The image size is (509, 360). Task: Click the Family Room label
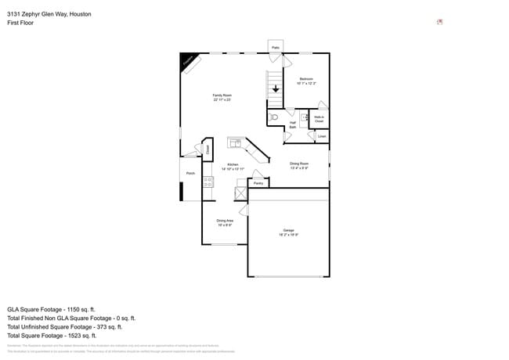[x=222, y=97]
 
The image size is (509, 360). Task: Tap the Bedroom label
[x=306, y=81]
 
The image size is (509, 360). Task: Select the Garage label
[x=288, y=232]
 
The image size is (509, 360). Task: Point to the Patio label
[x=276, y=48]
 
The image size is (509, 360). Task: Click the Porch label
[x=190, y=173]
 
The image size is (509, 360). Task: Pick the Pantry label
[x=258, y=183]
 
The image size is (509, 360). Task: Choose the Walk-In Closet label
[x=319, y=119]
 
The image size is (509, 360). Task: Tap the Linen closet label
[x=321, y=136]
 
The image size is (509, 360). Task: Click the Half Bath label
[x=292, y=124]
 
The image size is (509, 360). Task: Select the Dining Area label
[x=225, y=222]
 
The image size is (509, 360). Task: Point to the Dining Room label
[x=299, y=165]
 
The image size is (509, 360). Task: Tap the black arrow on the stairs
[x=275, y=88]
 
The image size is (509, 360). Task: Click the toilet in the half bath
[x=274, y=117]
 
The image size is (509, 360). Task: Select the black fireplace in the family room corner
[x=188, y=61]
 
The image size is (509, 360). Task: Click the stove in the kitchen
[x=208, y=182]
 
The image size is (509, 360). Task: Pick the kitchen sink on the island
[x=235, y=142]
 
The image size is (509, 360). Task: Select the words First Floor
[x=20, y=23]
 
